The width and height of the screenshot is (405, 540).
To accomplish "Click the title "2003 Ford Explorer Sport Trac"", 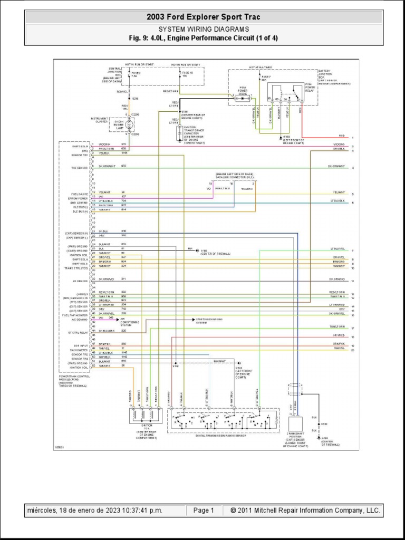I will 203,17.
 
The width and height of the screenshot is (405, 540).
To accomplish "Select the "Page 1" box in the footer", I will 203,510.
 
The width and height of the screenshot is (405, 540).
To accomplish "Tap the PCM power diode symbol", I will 243,98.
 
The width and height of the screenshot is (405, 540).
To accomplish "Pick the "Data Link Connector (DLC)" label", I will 234,177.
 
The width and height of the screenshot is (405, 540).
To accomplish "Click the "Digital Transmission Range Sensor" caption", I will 213,436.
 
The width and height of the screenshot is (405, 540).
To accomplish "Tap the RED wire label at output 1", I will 342,136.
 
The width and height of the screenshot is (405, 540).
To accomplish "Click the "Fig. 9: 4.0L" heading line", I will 203,38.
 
